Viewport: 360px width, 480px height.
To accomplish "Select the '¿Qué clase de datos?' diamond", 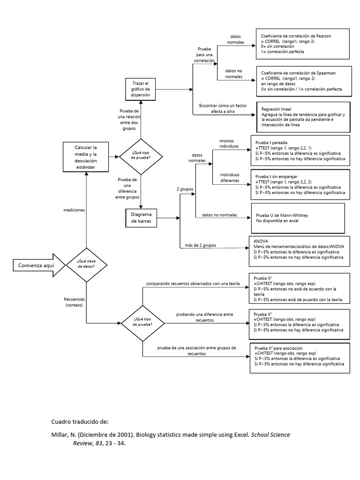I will (86, 265).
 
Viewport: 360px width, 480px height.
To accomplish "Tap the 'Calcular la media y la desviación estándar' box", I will (86, 157).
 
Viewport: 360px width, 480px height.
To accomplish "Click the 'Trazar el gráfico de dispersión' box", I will (141, 89).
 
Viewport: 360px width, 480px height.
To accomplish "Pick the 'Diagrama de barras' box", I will (141, 218).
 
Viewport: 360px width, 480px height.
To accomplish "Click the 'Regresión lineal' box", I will (303, 117).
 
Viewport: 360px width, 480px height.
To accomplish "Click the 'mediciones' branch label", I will (74, 210).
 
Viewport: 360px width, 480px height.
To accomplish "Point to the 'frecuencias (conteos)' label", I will (74, 301).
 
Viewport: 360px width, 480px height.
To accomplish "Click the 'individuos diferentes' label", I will (229, 178).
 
